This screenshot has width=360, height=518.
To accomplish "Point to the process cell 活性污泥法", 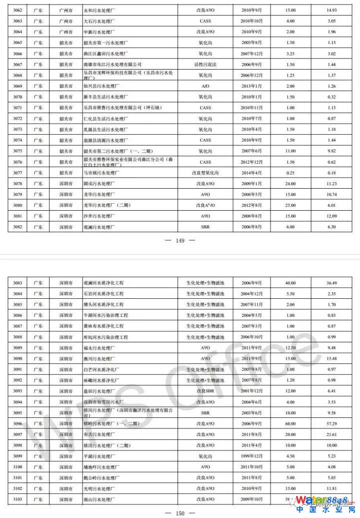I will click(205, 65).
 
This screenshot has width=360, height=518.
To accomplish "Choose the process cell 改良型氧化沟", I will click(205, 173).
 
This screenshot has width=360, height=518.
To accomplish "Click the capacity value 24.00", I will click(290, 184).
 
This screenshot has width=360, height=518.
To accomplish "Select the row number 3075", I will click(17, 151).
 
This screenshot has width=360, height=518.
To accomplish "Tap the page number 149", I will click(180, 241).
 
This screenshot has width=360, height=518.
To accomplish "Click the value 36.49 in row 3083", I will click(331, 283).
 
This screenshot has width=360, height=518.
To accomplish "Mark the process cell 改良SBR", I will click(205, 391).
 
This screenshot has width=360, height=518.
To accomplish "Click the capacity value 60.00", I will click(290, 423).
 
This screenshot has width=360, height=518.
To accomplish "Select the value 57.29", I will click(331, 423).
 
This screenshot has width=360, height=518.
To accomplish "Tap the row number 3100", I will click(17, 467).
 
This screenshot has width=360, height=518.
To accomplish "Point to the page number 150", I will click(180, 513).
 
